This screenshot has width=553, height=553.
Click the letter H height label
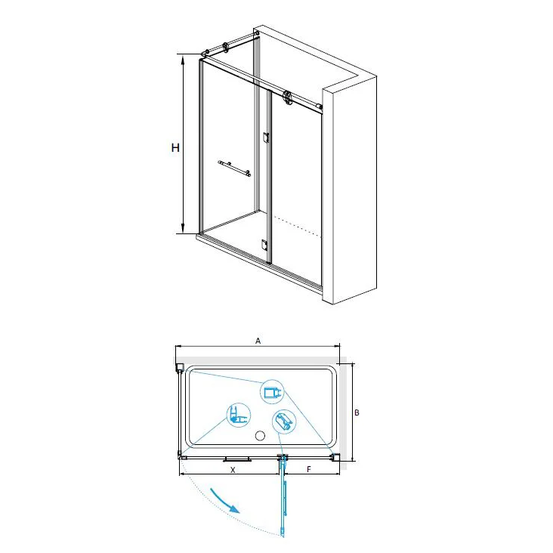[175, 147]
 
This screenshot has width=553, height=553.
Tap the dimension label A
[258, 341]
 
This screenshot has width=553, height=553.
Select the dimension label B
[357, 412]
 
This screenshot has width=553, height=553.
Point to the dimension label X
[233, 470]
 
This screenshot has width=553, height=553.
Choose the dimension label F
[309, 469]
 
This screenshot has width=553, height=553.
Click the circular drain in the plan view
[260, 436]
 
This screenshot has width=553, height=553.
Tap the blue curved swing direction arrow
[224, 500]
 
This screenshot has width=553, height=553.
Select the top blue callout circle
[272, 392]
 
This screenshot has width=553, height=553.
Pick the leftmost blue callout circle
[239, 415]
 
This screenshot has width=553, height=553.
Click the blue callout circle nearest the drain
[284, 422]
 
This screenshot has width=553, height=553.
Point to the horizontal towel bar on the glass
[234, 168]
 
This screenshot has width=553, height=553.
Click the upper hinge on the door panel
[266, 137]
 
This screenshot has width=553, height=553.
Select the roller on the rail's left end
[226, 48]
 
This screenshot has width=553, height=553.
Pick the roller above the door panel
[288, 97]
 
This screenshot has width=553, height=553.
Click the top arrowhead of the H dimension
[183, 59]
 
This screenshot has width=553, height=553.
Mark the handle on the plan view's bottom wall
[237, 459]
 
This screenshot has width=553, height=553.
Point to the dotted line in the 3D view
[298, 227]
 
